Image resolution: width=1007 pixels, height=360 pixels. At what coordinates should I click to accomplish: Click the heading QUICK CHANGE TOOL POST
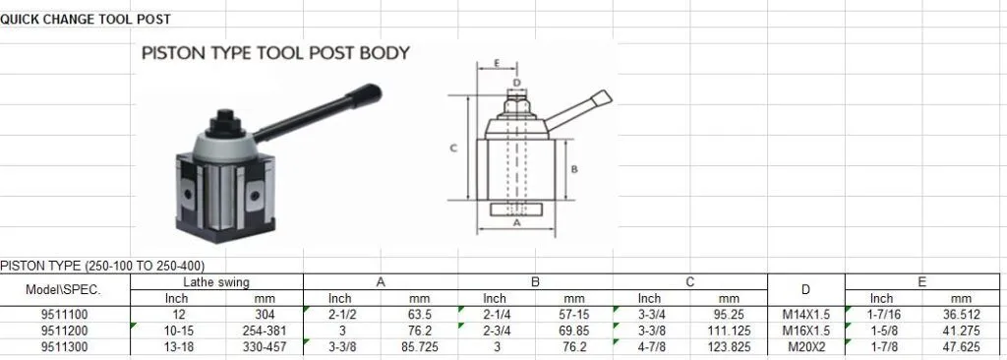click(x=85, y=19)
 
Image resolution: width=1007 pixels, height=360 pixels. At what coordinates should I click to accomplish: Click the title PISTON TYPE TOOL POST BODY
click(x=275, y=53)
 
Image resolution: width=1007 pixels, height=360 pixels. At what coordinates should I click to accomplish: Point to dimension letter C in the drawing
click(x=452, y=149)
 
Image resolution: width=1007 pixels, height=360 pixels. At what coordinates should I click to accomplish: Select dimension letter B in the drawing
click(x=573, y=169)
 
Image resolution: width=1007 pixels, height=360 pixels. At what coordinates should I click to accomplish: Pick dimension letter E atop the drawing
click(x=498, y=62)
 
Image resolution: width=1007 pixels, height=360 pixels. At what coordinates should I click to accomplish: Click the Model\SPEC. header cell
click(x=65, y=290)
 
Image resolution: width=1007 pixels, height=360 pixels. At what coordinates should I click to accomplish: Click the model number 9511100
click(x=65, y=315)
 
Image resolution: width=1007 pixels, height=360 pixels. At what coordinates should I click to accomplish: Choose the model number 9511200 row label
click(x=65, y=330)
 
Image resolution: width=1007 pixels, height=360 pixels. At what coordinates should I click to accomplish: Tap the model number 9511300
click(x=65, y=347)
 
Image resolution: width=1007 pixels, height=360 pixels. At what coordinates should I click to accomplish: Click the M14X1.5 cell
click(x=805, y=315)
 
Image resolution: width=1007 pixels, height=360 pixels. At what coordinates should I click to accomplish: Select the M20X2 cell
click(x=805, y=347)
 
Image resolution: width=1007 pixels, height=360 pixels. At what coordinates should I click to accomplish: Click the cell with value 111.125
click(x=729, y=330)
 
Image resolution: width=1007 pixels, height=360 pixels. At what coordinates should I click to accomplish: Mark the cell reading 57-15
click(x=574, y=315)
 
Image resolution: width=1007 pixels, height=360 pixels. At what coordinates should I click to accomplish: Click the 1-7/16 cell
click(x=881, y=315)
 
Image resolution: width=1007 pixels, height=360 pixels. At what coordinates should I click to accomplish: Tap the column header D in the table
click(x=805, y=290)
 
